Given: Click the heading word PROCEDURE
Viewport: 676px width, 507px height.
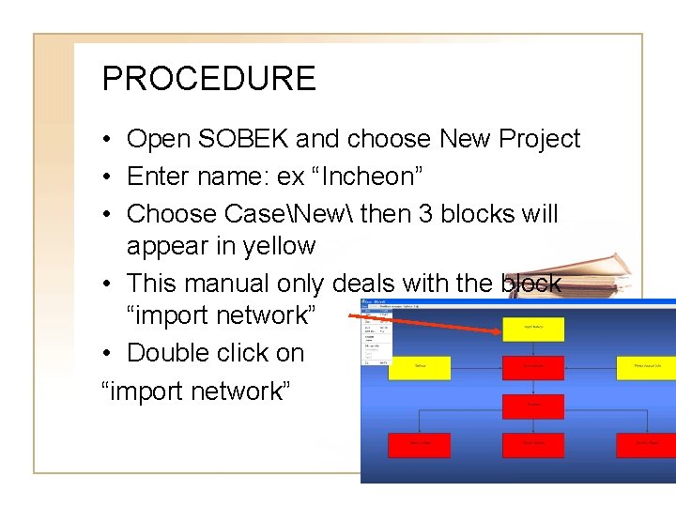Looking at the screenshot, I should [x=208, y=78].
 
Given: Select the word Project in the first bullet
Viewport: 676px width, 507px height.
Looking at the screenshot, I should [x=539, y=139].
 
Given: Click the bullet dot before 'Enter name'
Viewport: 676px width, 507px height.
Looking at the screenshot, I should [x=109, y=177].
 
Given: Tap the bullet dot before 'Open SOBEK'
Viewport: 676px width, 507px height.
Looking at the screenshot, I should [x=109, y=140].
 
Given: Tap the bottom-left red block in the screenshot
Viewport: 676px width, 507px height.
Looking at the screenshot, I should [x=419, y=442].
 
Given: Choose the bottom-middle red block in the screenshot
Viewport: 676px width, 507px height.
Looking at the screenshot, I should [x=533, y=442].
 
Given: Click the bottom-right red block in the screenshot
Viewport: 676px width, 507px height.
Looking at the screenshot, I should [x=646, y=442].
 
